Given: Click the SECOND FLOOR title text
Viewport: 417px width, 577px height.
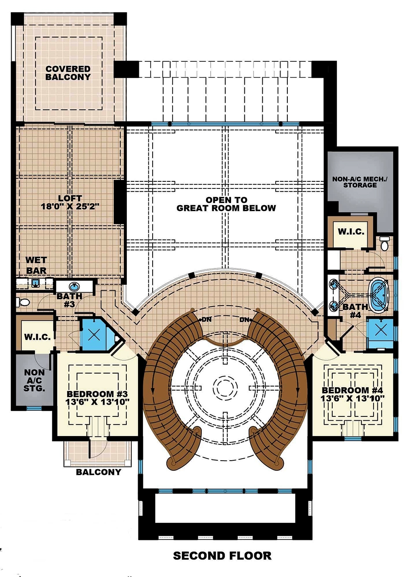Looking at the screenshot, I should pyautogui.click(x=222, y=555).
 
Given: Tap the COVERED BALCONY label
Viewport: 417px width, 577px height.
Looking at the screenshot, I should pyautogui.click(x=68, y=73).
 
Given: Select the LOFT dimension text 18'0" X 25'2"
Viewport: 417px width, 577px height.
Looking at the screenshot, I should pyautogui.click(x=70, y=206).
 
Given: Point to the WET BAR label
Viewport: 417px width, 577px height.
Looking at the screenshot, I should pyautogui.click(x=36, y=265).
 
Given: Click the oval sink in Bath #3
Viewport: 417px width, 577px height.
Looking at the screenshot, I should pyautogui.click(x=74, y=286).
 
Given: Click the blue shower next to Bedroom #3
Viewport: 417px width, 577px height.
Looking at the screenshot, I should pyautogui.click(x=94, y=334).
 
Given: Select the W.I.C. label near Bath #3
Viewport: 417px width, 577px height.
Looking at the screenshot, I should pyautogui.click(x=37, y=336).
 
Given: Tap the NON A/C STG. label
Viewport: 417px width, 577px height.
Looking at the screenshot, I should pyautogui.click(x=35, y=380).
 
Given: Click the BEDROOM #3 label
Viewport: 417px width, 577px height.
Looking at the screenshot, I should pyautogui.click(x=97, y=394).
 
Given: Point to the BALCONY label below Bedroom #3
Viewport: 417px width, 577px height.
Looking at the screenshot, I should pyautogui.click(x=98, y=472).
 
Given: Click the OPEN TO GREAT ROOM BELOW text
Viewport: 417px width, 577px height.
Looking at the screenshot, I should pyautogui.click(x=226, y=204).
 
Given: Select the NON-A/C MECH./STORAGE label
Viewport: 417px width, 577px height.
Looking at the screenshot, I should pyautogui.click(x=359, y=182).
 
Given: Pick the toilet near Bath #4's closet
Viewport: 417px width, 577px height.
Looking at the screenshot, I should pyautogui.click(x=384, y=243).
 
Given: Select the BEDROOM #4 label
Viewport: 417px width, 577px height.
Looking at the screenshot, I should pyautogui.click(x=352, y=390).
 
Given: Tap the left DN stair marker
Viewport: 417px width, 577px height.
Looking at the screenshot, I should pyautogui.click(x=206, y=320).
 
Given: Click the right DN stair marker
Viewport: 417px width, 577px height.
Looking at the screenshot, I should pyautogui.click(x=245, y=320).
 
